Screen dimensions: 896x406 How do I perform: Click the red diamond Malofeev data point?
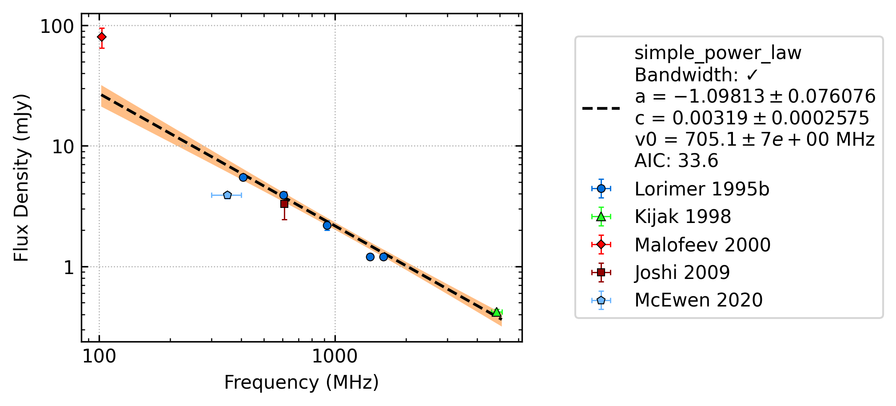pos(102,37)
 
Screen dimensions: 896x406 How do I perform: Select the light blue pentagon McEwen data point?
pos(227,195)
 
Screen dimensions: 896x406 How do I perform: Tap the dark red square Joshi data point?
pos(284,204)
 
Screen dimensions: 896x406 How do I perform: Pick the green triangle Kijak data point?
pos(497,312)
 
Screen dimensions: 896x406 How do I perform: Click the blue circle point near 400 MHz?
pos(243,177)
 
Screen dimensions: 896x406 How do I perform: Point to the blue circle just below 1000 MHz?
pos(327,225)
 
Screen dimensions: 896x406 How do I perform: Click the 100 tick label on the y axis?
pos(57,27)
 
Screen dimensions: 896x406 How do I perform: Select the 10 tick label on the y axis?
pos(63,147)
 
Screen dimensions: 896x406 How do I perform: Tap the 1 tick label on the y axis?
pos(68,267)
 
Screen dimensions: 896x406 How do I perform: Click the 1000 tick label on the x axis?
pos(335,356)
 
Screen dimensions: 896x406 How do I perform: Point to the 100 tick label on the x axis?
pos(100,356)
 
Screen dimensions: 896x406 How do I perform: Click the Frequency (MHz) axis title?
pos(302,382)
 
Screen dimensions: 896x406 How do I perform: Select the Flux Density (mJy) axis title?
pos(21,178)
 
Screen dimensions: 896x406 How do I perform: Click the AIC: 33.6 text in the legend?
pos(677,160)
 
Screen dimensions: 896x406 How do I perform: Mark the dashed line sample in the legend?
pos(601,108)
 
